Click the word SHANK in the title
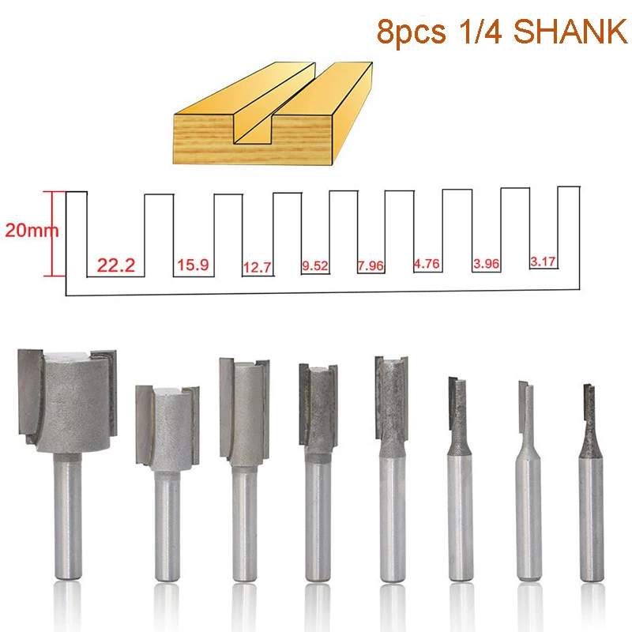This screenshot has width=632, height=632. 570,32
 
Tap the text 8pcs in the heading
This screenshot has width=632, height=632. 411,33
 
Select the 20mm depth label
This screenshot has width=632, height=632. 32,230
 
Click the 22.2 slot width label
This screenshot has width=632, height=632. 116,265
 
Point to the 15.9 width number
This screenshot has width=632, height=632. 193,265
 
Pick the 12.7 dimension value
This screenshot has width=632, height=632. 258,267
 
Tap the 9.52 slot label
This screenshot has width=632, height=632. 315,265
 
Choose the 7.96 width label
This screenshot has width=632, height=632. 371,265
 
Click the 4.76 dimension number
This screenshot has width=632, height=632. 427,264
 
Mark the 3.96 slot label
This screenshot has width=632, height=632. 487,264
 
